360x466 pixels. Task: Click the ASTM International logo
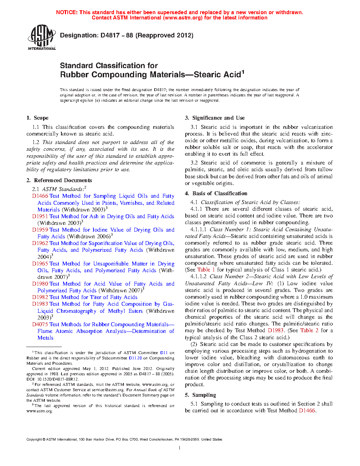(42, 37)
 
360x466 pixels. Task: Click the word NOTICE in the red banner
(67, 12)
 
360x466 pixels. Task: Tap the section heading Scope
(41, 118)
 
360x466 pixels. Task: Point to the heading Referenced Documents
(63, 180)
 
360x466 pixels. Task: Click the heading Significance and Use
(218, 118)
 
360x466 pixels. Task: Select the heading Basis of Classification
(220, 193)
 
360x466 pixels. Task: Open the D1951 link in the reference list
(40, 216)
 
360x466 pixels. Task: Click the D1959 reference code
(40, 230)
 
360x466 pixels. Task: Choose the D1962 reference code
(40, 243)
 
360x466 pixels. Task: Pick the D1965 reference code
(40, 264)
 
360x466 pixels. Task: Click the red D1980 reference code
(40, 284)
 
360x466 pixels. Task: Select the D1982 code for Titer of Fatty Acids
(40, 297)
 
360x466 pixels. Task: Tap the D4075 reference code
(40, 324)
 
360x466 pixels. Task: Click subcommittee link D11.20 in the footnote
(135, 358)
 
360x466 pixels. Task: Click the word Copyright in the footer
(34, 440)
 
